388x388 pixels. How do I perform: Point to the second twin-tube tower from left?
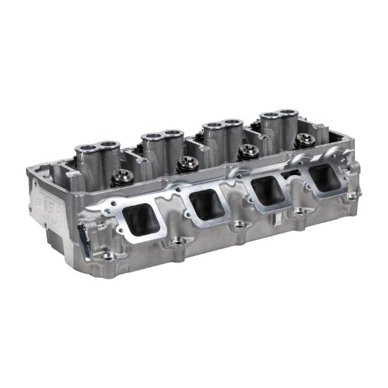pos(161,141)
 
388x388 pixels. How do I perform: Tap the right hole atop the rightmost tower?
pos(288,112)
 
